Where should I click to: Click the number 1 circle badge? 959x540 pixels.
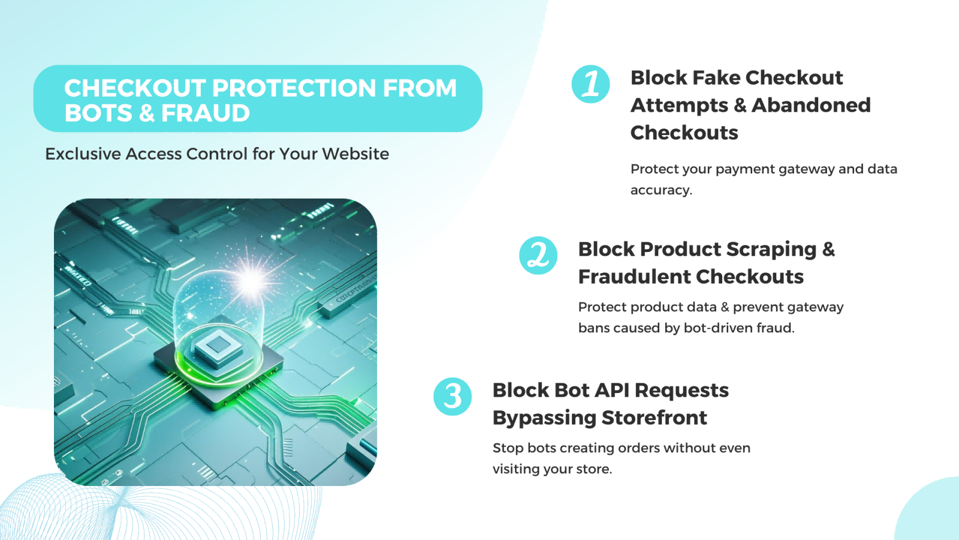pyautogui.click(x=590, y=84)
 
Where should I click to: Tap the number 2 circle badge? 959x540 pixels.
pyautogui.click(x=538, y=256)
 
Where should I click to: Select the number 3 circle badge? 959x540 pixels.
pyautogui.click(x=453, y=397)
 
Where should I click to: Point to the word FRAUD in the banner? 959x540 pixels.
pyautogui.click(x=205, y=113)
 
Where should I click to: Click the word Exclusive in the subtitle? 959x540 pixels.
pyautogui.click(x=83, y=154)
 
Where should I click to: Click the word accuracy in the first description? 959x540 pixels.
pyautogui.click(x=660, y=190)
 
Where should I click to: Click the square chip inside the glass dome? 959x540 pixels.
pyautogui.click(x=217, y=346)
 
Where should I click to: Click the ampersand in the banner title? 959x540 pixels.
pyautogui.click(x=146, y=113)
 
